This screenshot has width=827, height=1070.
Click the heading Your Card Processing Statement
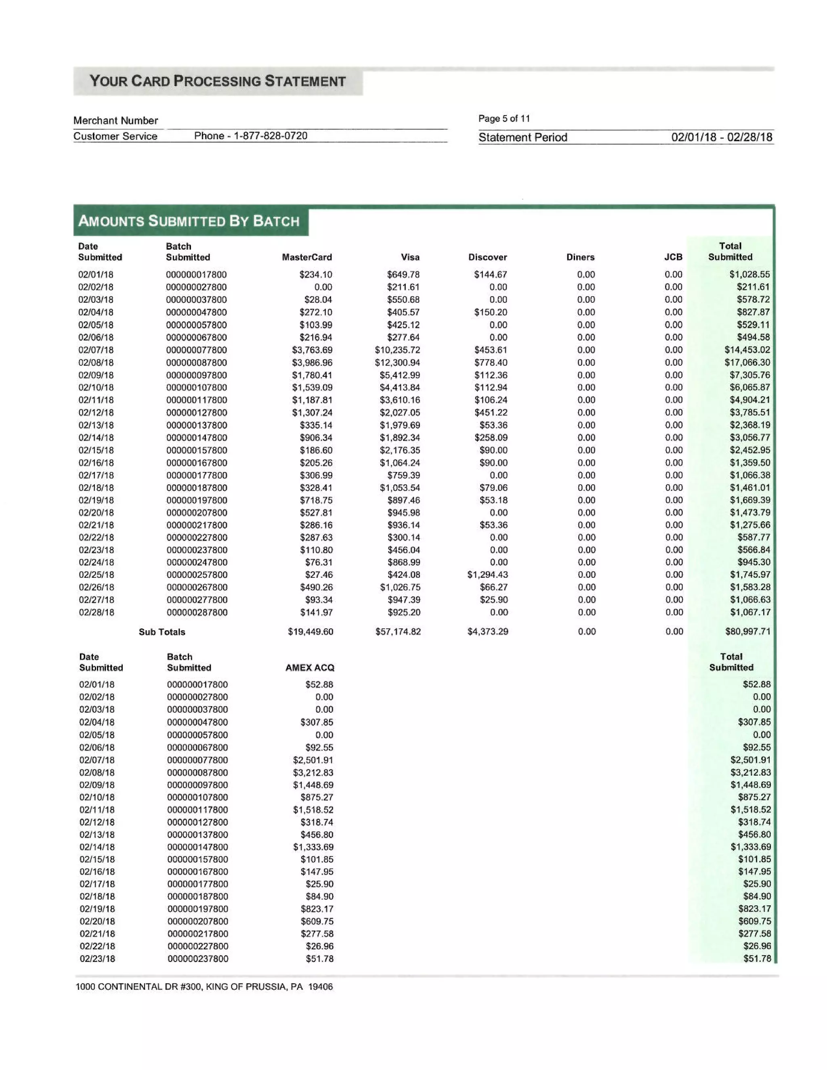coord(218,81)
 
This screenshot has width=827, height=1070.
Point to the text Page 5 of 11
coord(504,119)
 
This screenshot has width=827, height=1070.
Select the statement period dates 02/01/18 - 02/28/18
coord(721,137)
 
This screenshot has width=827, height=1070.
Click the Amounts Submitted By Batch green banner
coord(189,221)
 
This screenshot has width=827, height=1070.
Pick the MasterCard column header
coord(307,257)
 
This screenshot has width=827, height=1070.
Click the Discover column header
coord(487,257)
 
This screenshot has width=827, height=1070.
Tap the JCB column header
coord(673,257)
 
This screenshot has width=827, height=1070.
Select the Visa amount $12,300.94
coord(397,363)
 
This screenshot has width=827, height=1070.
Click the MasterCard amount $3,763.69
coord(312,350)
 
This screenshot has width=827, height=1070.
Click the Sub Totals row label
coord(162,632)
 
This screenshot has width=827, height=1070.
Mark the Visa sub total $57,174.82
coord(398,632)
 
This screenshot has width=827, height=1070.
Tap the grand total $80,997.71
coord(747,632)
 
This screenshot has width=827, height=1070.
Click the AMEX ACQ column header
coord(310,668)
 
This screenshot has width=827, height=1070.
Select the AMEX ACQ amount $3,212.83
coord(313,772)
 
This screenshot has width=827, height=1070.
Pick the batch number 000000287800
coord(197,613)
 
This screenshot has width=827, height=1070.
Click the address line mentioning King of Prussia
coord(204,987)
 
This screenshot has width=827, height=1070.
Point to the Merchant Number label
coord(115,120)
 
